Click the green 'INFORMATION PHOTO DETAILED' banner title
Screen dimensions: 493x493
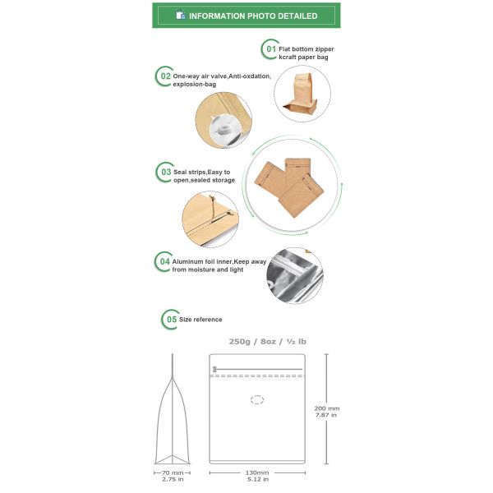pos(253,16)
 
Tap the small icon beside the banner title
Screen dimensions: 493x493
pos(181,15)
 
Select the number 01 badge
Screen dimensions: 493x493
pos(270,49)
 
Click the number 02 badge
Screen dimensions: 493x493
pos(164,76)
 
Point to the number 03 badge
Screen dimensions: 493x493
pos(165,173)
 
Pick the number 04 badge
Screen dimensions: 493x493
pos(164,261)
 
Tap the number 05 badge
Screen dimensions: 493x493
pos(171,320)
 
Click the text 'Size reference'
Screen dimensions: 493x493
pos(200,320)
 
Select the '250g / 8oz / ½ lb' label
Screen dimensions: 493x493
pos(267,342)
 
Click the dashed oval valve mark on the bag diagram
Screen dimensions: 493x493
pos(257,400)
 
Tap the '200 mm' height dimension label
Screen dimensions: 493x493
pos(327,408)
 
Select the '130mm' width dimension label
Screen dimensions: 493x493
pos(257,472)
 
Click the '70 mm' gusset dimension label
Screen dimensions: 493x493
pos(173,472)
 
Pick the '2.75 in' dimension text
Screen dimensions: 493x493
pos(173,479)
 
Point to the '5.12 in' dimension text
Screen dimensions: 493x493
pos(257,479)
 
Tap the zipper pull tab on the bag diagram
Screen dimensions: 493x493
pos(214,369)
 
